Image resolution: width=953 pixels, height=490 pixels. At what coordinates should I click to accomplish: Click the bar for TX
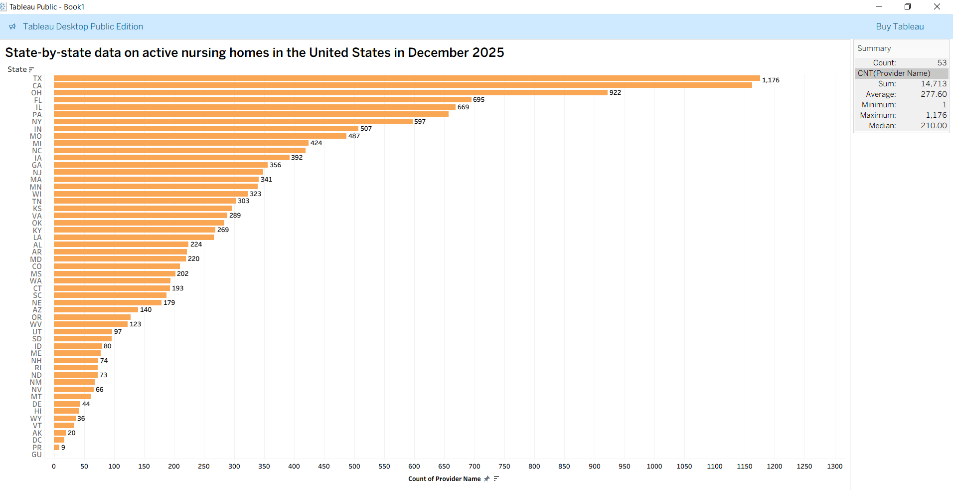[x=406, y=78]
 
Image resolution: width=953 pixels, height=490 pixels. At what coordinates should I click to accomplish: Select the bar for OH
[x=330, y=93]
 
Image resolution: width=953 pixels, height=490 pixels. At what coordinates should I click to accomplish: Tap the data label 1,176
[x=770, y=80]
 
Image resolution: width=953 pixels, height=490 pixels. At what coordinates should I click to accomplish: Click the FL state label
[x=38, y=100]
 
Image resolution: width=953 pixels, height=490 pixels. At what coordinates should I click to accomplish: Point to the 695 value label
[x=478, y=100]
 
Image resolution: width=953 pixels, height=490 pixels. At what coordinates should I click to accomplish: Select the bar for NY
[x=233, y=122]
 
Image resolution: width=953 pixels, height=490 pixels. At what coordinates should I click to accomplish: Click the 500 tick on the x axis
[x=354, y=467]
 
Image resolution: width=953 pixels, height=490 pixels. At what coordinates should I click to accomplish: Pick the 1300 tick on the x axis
[x=834, y=467]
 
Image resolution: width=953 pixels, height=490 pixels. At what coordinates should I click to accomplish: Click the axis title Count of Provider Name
[x=444, y=479]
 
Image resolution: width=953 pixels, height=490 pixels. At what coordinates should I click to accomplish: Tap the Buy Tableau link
[x=900, y=27]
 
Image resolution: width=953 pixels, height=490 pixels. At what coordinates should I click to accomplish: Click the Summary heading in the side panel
[x=874, y=48]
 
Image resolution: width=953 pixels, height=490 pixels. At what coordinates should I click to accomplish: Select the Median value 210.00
[x=933, y=126]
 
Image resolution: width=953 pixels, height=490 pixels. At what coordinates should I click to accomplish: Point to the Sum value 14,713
[x=933, y=84]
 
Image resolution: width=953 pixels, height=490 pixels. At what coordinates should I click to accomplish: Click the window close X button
[x=937, y=7]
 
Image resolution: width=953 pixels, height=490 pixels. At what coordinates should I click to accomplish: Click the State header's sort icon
[x=31, y=70]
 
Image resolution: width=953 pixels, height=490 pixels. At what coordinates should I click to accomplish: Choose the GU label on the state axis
[x=37, y=455]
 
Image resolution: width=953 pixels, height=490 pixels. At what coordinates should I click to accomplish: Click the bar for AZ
[x=96, y=310]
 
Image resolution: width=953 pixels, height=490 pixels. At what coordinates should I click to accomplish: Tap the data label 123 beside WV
[x=135, y=324]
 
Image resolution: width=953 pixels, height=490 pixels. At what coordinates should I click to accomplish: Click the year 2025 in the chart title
[x=488, y=53]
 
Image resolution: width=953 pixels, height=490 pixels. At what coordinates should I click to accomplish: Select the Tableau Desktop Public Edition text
[x=83, y=27]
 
